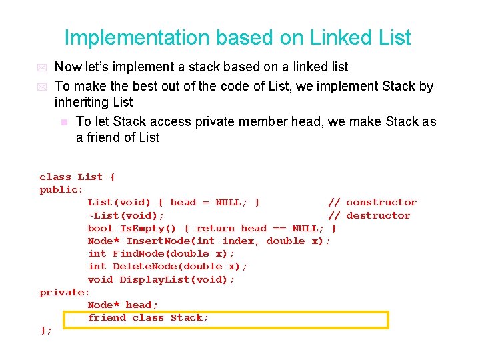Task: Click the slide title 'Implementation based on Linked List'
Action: pyautogui.click(x=237, y=37)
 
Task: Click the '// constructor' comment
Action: pyautogui.click(x=372, y=202)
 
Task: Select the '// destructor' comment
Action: pyautogui.click(x=369, y=215)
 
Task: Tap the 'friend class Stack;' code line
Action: pyautogui.click(x=148, y=318)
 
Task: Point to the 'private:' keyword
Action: pyautogui.click(x=65, y=292)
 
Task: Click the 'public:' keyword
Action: pyautogui.click(x=61, y=189)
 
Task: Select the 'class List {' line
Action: pyautogui.click(x=77, y=177)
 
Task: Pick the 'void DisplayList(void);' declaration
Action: pyautogui.click(x=161, y=279)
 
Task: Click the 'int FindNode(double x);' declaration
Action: pyautogui.click(x=161, y=253)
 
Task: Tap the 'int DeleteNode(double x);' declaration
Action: pyautogui.click(x=167, y=266)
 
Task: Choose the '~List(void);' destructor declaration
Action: pyautogui.click(x=126, y=215)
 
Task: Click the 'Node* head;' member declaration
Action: pyautogui.click(x=123, y=305)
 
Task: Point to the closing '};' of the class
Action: pyautogui.click(x=46, y=331)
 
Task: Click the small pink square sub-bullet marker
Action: pyautogui.click(x=64, y=122)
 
